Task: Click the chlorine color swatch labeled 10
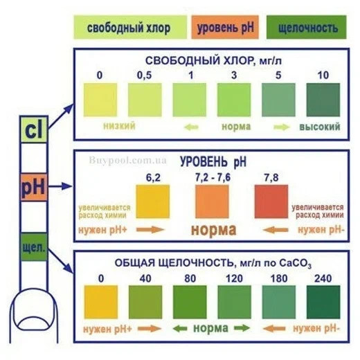click(x=323, y=100)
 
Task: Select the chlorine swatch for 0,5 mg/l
click(x=145, y=100)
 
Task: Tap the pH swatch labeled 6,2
click(x=153, y=201)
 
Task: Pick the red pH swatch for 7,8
click(x=271, y=201)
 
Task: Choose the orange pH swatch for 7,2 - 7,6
click(x=212, y=201)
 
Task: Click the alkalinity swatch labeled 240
click(x=323, y=302)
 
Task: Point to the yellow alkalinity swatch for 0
click(x=101, y=302)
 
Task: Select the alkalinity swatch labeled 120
click(x=234, y=302)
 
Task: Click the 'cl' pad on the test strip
click(x=34, y=129)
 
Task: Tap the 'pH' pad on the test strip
click(x=34, y=187)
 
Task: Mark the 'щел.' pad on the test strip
click(x=34, y=247)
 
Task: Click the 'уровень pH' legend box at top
click(x=225, y=27)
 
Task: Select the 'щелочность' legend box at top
click(x=307, y=27)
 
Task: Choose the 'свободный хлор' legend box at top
click(x=130, y=27)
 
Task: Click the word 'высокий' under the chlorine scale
click(x=320, y=127)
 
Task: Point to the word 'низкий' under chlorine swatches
click(x=119, y=126)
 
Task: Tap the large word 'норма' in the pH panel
click(x=214, y=230)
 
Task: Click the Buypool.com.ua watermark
click(x=127, y=160)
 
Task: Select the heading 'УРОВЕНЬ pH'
click(x=213, y=162)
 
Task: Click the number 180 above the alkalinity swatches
click(x=279, y=278)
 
